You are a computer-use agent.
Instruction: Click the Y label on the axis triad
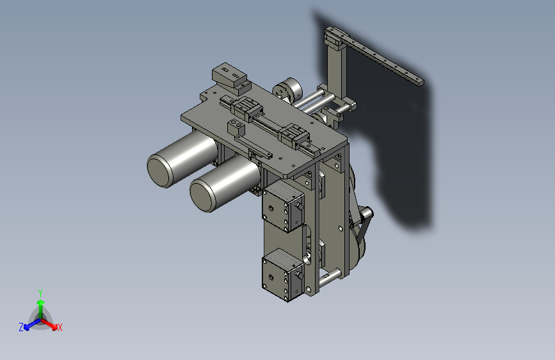(40, 293)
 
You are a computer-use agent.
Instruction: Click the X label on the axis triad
(60, 327)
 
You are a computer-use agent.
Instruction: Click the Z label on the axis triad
(21, 327)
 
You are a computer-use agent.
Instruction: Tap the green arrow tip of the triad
(41, 302)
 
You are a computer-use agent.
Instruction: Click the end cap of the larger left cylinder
(159, 171)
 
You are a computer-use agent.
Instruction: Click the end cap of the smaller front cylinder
(202, 195)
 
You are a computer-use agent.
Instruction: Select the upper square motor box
(283, 206)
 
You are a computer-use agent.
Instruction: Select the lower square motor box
(283, 275)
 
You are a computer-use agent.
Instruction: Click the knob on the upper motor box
(300, 206)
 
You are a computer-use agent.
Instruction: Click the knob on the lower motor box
(300, 275)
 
